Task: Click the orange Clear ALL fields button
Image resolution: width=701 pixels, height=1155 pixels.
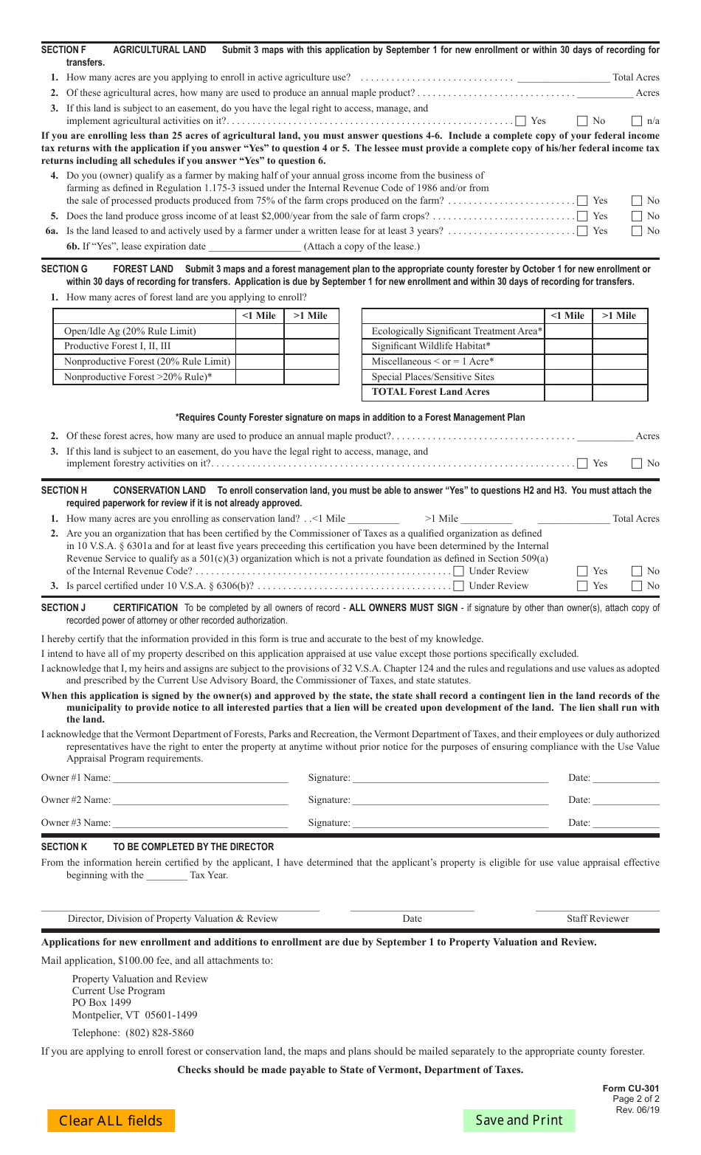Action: pyautogui.click(x=111, y=1120)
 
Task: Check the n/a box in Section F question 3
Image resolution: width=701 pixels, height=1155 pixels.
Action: pyautogui.click(x=637, y=121)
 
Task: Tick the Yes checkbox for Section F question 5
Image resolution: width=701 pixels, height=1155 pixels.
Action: pyautogui.click(x=583, y=216)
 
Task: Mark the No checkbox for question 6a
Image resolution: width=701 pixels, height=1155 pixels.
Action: pyautogui.click(x=637, y=231)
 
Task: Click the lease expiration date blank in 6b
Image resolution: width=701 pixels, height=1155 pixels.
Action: pyautogui.click(x=255, y=246)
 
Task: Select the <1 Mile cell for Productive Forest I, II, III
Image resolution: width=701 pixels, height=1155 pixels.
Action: pyautogui.click(x=260, y=346)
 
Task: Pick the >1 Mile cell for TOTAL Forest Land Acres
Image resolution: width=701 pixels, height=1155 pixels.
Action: pyautogui.click(x=620, y=392)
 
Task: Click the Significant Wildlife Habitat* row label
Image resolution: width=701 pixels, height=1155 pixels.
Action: pyautogui.click(x=431, y=346)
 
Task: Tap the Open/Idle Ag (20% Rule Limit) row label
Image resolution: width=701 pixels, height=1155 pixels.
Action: pyautogui.click(x=130, y=331)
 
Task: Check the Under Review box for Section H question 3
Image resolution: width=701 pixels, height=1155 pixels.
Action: pyautogui.click(x=459, y=586)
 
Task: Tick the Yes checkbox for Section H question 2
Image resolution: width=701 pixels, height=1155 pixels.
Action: pyautogui.click(x=583, y=571)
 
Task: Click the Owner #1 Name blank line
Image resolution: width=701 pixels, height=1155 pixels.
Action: pyautogui.click(x=200, y=778)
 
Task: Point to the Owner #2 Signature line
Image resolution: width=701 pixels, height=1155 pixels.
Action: pyautogui.click(x=450, y=800)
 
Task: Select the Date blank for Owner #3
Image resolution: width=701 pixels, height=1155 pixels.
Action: pyautogui.click(x=626, y=823)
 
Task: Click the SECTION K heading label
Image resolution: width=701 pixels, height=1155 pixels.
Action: pyautogui.click(x=64, y=847)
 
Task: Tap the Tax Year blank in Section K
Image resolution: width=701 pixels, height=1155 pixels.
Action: pyautogui.click(x=167, y=875)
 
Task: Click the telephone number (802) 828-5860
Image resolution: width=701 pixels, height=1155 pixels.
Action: pyautogui.click(x=159, y=1032)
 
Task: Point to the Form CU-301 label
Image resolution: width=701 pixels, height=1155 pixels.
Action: pyautogui.click(x=630, y=1088)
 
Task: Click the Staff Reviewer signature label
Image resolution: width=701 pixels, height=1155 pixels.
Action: pyautogui.click(x=598, y=919)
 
